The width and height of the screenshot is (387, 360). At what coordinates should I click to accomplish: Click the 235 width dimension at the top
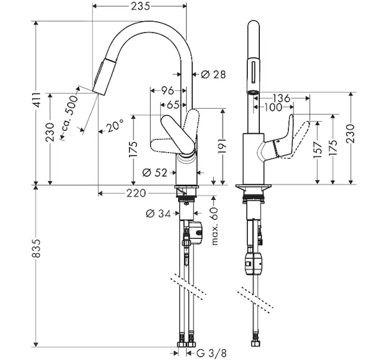click(x=140, y=6)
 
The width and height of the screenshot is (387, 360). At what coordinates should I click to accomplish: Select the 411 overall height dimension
click(x=37, y=100)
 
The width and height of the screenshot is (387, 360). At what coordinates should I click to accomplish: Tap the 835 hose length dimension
click(x=36, y=248)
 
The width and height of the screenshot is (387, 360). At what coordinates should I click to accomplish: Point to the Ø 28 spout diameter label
click(x=213, y=74)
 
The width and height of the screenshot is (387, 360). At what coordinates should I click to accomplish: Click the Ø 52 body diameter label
click(x=155, y=173)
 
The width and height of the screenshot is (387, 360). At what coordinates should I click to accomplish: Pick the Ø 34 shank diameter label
click(x=158, y=214)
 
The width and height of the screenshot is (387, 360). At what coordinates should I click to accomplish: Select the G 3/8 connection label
click(x=212, y=353)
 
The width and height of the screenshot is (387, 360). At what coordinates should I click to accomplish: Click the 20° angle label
click(x=115, y=127)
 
